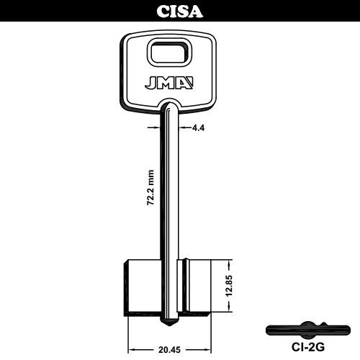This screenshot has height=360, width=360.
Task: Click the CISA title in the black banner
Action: click(180, 12)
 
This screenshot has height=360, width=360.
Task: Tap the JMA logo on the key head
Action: click(169, 83)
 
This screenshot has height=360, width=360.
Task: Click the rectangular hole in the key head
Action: click(169, 53)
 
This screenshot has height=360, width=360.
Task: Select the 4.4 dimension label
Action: click(199, 128)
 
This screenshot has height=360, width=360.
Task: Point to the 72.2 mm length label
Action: click(150, 188)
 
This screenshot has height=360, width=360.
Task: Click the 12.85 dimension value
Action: click(230, 287)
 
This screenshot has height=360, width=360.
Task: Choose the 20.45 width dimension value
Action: click(169, 350)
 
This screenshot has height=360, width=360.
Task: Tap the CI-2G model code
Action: click(307, 347)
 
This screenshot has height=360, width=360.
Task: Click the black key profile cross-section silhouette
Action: click(308, 330)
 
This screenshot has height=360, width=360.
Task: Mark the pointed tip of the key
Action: click(170, 325)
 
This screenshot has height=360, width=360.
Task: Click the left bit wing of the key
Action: click(142, 288)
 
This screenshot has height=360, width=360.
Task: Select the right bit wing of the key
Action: click(194, 287)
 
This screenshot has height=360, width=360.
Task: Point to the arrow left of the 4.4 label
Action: click(153, 127)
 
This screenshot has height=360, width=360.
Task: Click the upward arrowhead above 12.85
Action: click(230, 265)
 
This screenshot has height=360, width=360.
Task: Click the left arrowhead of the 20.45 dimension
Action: click(132, 350)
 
